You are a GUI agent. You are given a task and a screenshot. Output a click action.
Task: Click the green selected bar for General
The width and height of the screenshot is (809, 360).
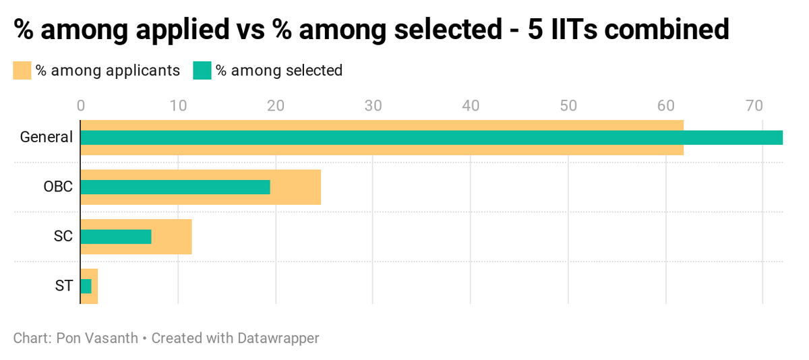[x=431, y=138]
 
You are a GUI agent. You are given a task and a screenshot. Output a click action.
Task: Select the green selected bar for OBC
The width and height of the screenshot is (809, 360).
[x=175, y=187]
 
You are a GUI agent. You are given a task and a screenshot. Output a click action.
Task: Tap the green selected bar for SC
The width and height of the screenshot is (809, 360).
[x=116, y=237]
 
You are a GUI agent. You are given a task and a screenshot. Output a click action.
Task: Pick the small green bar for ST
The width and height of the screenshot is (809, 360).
[x=86, y=287]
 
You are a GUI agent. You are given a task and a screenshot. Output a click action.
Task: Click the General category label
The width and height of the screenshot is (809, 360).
[x=46, y=138]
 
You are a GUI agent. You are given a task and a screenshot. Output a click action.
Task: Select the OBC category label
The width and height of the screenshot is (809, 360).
[x=57, y=187]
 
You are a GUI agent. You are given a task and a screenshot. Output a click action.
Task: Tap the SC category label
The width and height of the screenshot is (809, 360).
[x=63, y=237]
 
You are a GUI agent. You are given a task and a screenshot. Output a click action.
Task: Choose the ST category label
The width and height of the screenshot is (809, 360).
[x=63, y=287]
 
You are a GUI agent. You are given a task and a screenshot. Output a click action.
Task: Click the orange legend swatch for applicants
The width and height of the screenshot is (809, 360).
[x=22, y=71]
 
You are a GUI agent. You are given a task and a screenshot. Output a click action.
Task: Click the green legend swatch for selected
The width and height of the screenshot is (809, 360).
[x=202, y=71]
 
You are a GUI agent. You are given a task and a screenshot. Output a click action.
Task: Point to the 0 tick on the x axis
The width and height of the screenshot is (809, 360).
[x=81, y=106]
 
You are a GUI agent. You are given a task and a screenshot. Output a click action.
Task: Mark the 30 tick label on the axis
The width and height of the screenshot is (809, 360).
[x=373, y=106]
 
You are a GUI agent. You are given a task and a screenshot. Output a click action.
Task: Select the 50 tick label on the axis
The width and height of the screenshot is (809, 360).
[x=568, y=106]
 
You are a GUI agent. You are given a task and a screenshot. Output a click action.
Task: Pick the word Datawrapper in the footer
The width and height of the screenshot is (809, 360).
[x=278, y=338]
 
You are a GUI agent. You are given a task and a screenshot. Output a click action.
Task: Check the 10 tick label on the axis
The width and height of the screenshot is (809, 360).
[x=178, y=106]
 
